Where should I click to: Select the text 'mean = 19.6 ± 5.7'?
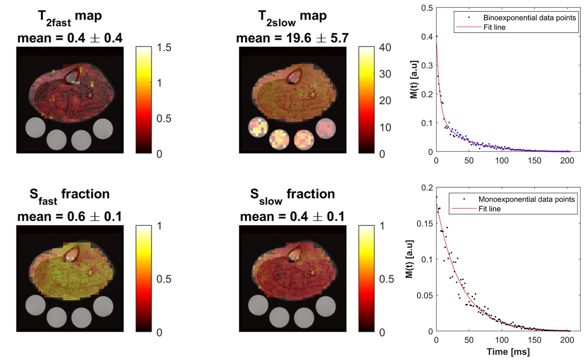[292, 38]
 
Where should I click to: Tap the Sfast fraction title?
[70, 195]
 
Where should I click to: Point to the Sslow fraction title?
[292, 195]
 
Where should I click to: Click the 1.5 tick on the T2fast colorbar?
[164, 48]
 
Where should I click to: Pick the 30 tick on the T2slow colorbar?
[385, 74]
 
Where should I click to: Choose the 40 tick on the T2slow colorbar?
[385, 48]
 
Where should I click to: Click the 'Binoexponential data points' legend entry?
[529, 18]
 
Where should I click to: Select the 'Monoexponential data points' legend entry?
[526, 199]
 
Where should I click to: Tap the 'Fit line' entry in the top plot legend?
[494, 27]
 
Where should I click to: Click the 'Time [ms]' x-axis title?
[508, 352]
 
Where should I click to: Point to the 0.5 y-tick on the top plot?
[427, 8]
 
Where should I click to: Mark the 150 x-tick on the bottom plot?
[535, 340]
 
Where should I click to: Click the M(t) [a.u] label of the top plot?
[414, 80]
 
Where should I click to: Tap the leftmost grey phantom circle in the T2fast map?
[36, 128]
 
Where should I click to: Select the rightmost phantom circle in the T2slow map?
[326, 129]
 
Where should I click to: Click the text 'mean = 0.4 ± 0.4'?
[70, 38]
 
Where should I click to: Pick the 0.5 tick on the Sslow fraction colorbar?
[387, 279]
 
